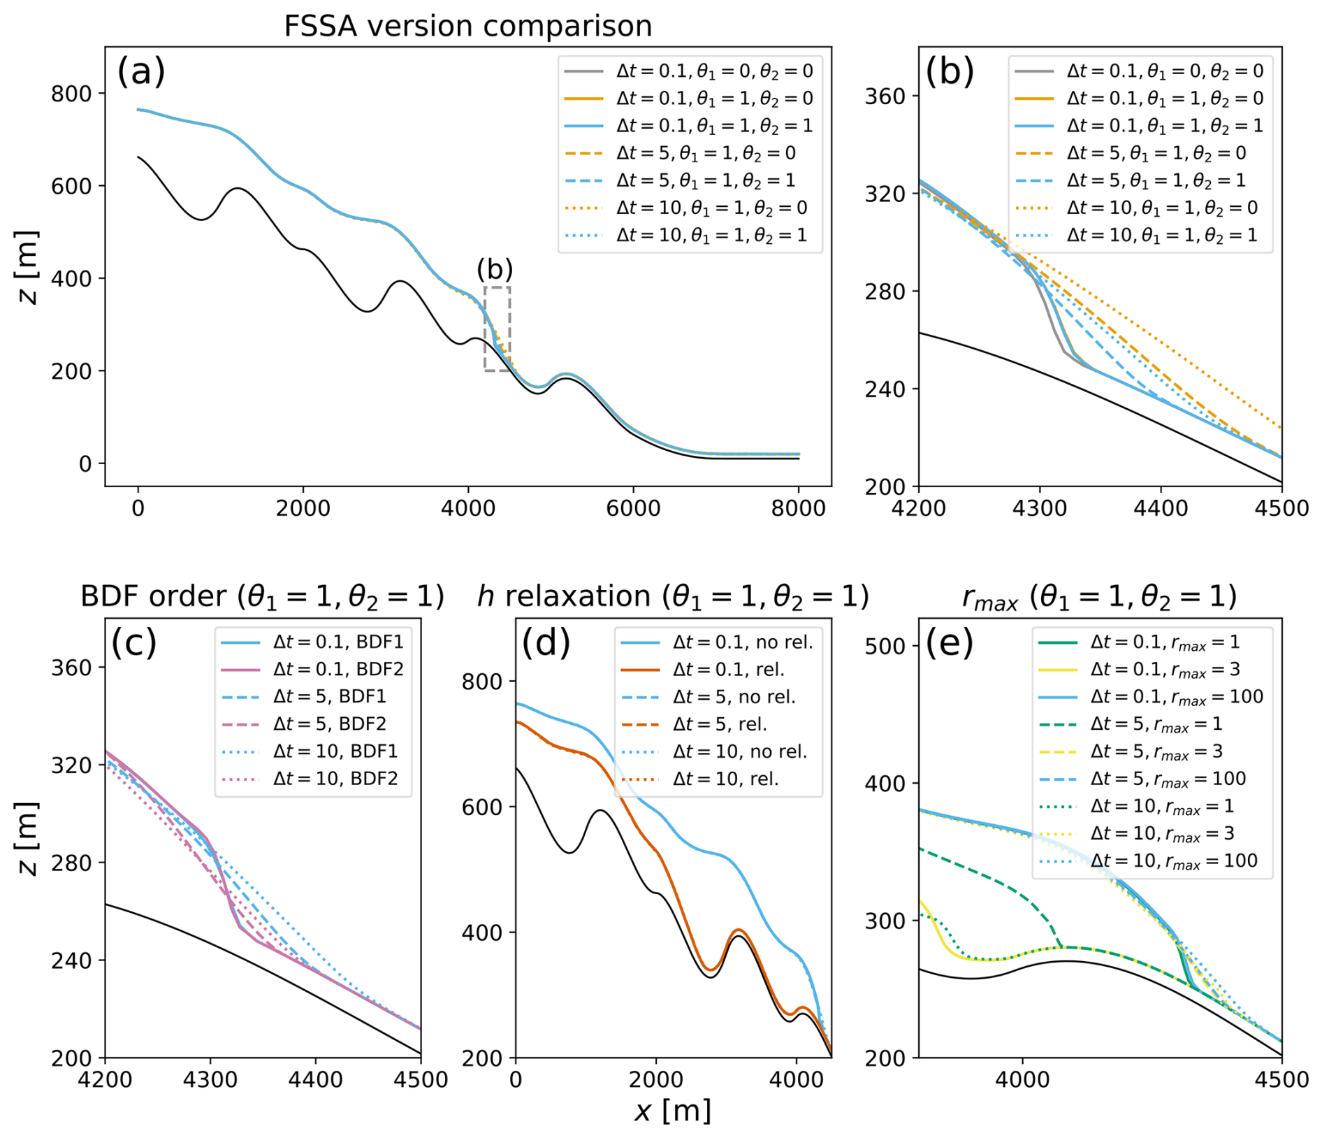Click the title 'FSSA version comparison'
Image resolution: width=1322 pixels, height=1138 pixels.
467,27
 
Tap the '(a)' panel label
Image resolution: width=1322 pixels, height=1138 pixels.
140,71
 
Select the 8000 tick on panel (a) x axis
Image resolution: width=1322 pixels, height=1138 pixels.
798,508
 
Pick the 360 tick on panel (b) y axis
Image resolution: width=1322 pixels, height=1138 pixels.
885,96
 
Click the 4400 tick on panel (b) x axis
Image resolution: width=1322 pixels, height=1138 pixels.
1160,508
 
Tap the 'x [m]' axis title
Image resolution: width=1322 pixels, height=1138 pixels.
672,1111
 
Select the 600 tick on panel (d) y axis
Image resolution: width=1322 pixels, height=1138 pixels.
481,807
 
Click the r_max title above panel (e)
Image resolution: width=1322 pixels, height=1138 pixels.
1098,596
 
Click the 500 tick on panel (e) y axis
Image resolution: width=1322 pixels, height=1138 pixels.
885,647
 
